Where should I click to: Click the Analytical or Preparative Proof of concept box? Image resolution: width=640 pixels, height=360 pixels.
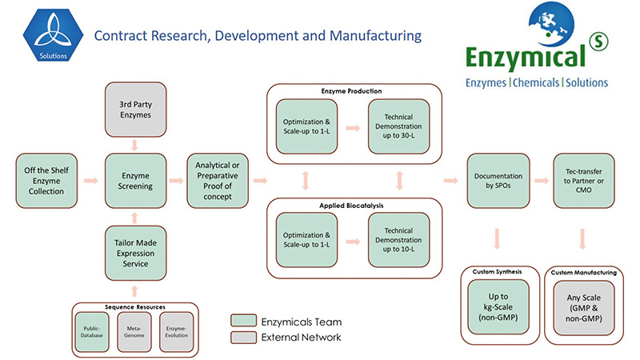click(x=218, y=181)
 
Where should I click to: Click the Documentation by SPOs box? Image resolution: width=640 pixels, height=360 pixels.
click(x=498, y=181)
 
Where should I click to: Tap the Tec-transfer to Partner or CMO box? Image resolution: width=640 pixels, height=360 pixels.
click(x=583, y=181)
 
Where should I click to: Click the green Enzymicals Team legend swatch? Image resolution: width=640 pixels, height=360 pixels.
click(x=244, y=320)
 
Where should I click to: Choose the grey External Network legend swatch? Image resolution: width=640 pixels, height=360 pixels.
click(x=244, y=337)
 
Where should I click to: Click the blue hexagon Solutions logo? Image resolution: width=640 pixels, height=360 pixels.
click(x=54, y=36)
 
